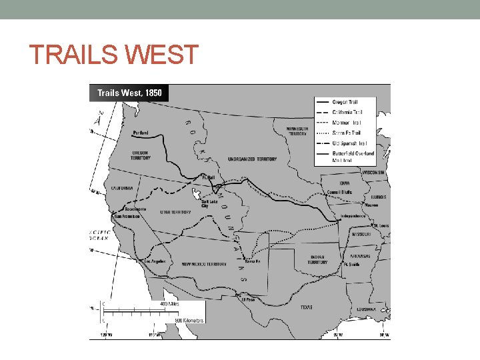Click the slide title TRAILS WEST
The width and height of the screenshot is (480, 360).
click(113, 55)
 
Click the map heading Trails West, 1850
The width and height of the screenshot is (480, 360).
click(129, 93)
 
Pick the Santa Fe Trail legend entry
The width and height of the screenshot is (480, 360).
click(347, 133)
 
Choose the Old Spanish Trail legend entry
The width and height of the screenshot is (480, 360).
click(349, 143)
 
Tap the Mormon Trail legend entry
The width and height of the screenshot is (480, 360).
click(347, 123)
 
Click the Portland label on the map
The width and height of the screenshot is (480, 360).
click(141, 133)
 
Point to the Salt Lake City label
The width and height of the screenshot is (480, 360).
click(211, 203)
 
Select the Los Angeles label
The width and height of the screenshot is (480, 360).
click(154, 261)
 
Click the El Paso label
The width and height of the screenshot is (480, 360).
click(248, 299)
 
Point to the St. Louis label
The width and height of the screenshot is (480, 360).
click(381, 226)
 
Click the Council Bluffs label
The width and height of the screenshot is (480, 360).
click(339, 192)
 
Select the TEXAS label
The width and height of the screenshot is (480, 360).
click(306, 307)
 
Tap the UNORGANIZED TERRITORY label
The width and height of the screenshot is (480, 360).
click(252, 159)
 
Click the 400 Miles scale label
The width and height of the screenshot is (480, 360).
click(170, 303)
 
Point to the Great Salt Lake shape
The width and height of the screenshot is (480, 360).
click(197, 195)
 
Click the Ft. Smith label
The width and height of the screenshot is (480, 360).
click(351, 265)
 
